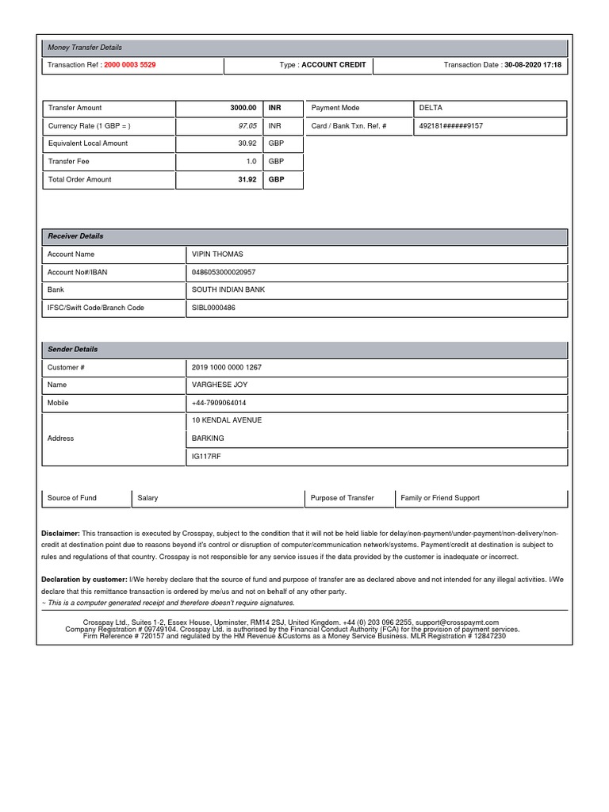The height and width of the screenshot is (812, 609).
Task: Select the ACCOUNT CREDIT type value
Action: (x=333, y=65)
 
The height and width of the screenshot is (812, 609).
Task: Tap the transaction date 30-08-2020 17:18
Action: (x=533, y=65)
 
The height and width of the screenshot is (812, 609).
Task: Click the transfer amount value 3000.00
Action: (x=243, y=108)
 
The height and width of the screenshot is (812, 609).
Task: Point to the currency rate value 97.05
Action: (x=247, y=126)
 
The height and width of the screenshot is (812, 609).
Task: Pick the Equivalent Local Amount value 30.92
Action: (x=247, y=144)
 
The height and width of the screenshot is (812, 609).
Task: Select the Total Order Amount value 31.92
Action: (x=247, y=180)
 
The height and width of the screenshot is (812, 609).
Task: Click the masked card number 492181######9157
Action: (x=450, y=126)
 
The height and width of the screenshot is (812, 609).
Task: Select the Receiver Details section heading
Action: (x=75, y=236)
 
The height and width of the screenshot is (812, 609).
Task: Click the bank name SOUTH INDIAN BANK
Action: (x=228, y=290)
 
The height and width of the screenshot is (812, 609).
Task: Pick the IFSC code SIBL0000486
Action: (x=213, y=308)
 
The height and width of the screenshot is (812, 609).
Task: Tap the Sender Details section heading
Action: (x=72, y=349)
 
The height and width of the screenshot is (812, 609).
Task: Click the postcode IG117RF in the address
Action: (x=205, y=457)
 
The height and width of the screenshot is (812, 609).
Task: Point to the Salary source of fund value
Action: (x=147, y=498)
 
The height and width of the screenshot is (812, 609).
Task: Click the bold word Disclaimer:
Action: (x=60, y=534)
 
